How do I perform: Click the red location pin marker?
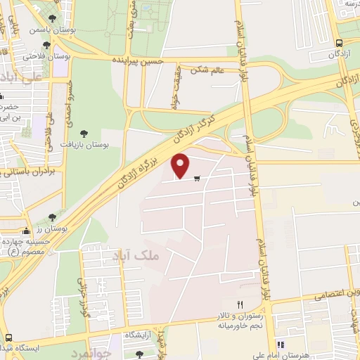(x=181, y=165)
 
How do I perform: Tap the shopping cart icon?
(x=197, y=178)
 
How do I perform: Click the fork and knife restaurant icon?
(x=240, y=304)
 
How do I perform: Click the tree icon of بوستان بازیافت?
(x=85, y=132)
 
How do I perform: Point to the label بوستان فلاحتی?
(x=40, y=55)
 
